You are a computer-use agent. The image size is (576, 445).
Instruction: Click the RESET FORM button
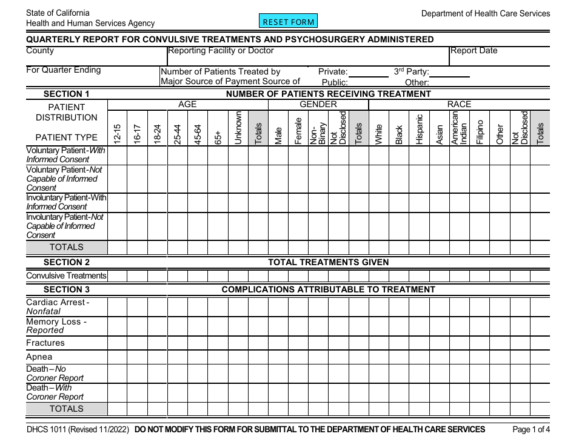click(x=289, y=22)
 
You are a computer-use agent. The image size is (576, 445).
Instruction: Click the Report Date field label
click(x=474, y=51)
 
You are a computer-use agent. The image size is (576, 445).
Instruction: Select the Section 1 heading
click(x=67, y=94)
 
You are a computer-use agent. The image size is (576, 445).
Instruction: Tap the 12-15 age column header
click(x=118, y=133)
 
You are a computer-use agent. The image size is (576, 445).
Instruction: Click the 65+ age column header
click(x=218, y=137)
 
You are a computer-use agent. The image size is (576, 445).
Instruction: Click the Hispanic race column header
click(x=419, y=129)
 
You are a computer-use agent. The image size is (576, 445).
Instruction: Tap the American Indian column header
click(x=459, y=128)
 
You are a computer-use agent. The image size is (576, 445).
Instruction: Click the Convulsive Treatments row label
click(x=66, y=276)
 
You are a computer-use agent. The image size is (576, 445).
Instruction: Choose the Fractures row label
click(x=45, y=343)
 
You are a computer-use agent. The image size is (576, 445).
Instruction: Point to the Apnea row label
click(x=39, y=357)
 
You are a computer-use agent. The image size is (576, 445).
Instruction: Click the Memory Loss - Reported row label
click(x=56, y=326)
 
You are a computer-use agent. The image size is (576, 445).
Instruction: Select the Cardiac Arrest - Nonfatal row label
click(x=58, y=306)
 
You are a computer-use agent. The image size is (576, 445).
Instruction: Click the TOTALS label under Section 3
click(x=67, y=409)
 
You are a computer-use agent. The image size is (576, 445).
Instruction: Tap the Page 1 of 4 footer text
click(x=531, y=430)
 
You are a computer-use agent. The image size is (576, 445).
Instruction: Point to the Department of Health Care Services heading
click(x=486, y=13)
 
